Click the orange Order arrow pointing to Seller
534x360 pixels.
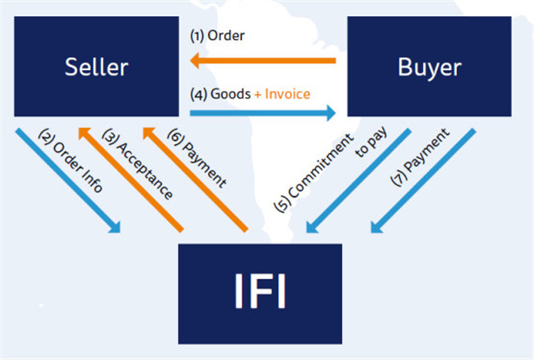click(x=263, y=60)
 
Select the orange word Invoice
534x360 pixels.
click(x=285, y=95)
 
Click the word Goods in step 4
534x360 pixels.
click(x=230, y=95)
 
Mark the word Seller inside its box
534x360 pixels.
click(x=96, y=66)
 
